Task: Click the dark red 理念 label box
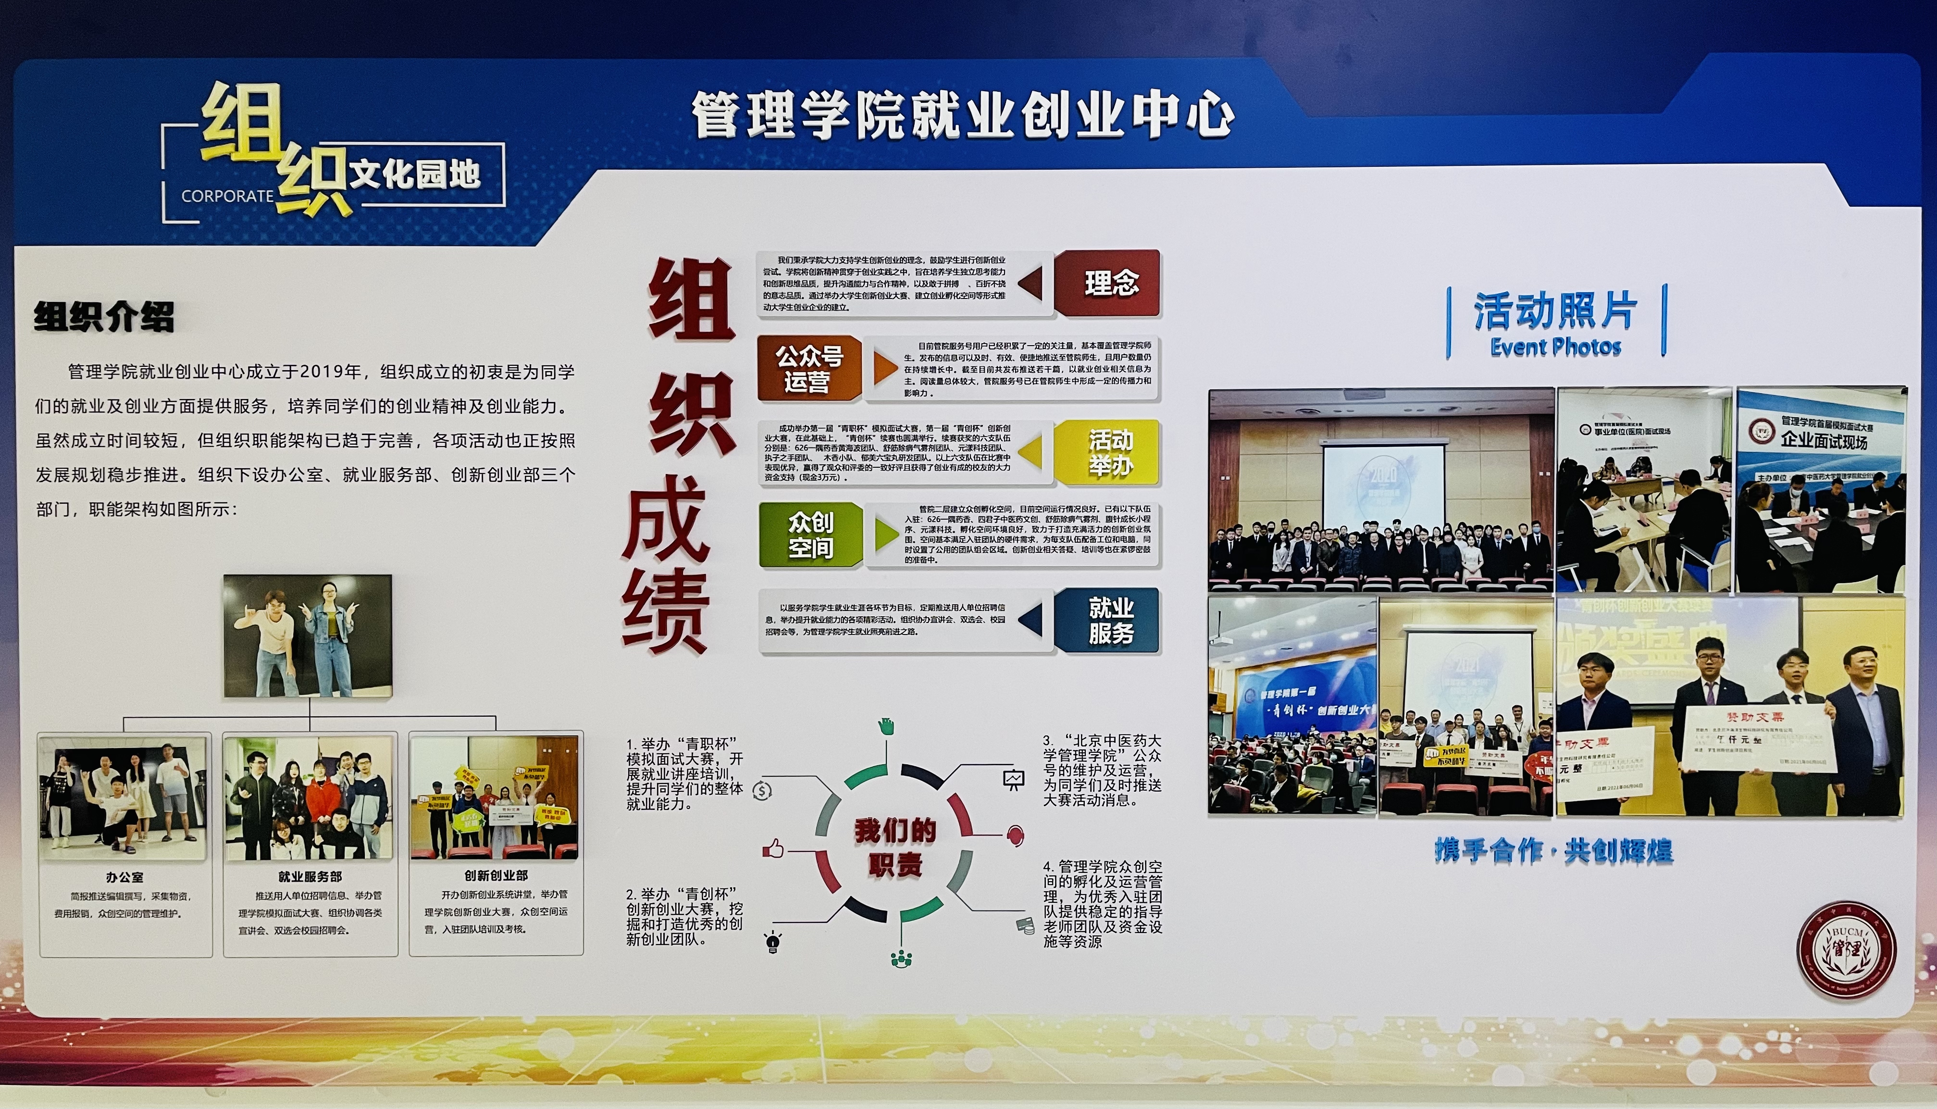(x=1108, y=283)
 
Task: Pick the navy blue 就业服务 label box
(x=1108, y=620)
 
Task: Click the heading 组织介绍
(x=104, y=317)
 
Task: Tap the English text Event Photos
(x=1555, y=348)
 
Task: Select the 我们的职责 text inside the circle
(x=894, y=847)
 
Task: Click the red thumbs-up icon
(x=773, y=848)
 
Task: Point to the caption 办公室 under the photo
(x=125, y=877)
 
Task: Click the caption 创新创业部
(x=496, y=876)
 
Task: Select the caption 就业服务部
(x=310, y=877)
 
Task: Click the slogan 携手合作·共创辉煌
(x=1553, y=851)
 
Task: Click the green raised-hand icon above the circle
(x=885, y=726)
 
